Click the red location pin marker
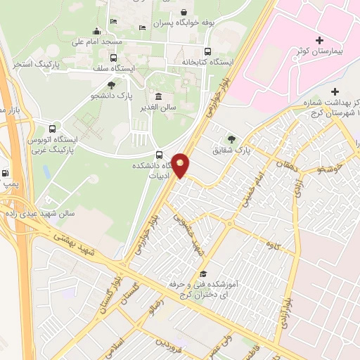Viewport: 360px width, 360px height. click(x=181, y=165)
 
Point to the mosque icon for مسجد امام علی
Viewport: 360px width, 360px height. click(x=97, y=31)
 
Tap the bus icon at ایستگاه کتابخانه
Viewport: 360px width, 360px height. click(x=207, y=51)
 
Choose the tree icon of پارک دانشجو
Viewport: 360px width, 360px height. click(x=111, y=84)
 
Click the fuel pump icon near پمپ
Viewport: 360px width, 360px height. click(x=6, y=173)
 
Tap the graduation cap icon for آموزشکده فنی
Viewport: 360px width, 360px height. click(x=204, y=274)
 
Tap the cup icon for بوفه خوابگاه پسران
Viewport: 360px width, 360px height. click(x=184, y=12)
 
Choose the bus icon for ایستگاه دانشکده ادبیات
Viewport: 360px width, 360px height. click(x=160, y=155)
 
